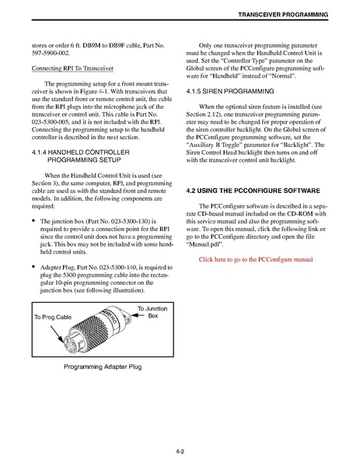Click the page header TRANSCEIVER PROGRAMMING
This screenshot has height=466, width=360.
[x=283, y=15]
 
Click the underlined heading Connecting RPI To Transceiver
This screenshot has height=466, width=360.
[x=72, y=68]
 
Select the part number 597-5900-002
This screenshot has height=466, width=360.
[x=51, y=53]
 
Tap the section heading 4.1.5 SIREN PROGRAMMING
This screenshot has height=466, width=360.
[x=230, y=91]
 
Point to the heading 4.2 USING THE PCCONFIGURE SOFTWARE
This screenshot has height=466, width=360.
[x=253, y=191]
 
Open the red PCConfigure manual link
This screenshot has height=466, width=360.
[x=256, y=259]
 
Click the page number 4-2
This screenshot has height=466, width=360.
[x=180, y=452]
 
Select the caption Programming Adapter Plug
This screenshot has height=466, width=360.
[x=103, y=366]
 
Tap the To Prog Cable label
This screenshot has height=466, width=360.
[x=53, y=317]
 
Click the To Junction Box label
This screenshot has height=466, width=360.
[x=152, y=312]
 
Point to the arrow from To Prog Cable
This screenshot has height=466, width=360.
[x=57, y=334]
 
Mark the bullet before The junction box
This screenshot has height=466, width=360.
[x=34, y=221]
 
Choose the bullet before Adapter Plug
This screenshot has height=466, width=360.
[x=34, y=267]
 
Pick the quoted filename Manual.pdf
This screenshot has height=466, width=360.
[x=204, y=244]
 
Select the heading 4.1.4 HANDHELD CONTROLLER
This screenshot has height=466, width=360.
[x=81, y=152]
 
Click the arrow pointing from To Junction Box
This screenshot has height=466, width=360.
[x=138, y=315]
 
